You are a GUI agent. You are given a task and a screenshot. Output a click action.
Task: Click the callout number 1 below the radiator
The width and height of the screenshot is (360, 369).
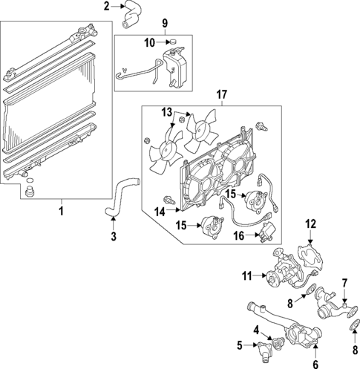(x=62, y=212)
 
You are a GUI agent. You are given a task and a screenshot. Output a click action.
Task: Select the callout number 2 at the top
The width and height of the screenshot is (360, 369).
(x=106, y=7)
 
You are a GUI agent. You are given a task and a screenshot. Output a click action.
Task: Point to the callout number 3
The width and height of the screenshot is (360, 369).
(x=113, y=238)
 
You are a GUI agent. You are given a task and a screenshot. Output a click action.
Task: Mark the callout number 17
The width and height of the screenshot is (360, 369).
(x=220, y=94)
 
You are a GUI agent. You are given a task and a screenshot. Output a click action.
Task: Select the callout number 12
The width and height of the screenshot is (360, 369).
(x=311, y=223)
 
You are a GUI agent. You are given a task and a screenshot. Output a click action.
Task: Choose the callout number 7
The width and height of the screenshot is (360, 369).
(x=344, y=283)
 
